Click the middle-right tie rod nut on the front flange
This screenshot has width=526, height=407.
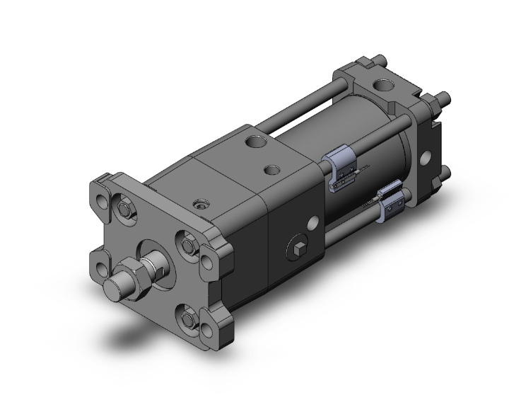click(188, 245)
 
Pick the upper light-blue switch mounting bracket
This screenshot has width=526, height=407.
click(340, 168)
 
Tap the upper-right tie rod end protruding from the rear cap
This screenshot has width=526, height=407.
click(445, 98)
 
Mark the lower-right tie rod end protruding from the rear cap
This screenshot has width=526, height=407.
click(446, 173)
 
